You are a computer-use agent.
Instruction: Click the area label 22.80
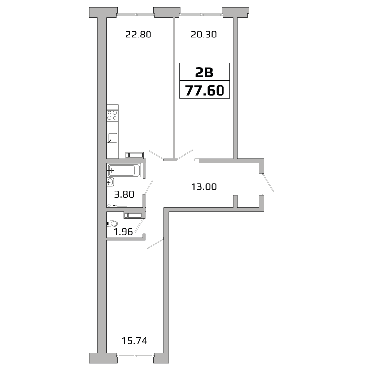(138, 35)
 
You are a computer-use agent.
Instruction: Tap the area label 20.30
(203, 35)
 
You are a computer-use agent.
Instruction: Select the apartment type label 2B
(204, 72)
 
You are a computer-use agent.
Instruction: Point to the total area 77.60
(204, 90)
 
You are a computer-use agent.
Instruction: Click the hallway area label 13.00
(204, 186)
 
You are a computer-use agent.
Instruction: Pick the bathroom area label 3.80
(124, 194)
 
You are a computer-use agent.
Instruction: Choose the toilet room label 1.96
(123, 232)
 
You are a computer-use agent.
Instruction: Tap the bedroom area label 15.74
(134, 340)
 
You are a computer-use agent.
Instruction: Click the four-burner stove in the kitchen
(112, 115)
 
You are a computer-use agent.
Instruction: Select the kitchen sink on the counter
(112, 138)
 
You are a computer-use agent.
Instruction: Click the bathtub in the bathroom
(124, 170)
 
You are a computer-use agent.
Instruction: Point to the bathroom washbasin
(110, 182)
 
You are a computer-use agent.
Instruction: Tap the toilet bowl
(112, 223)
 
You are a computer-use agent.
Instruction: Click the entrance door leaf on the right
(268, 183)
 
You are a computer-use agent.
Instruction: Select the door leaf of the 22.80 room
(155, 155)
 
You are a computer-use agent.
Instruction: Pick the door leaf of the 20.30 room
(185, 154)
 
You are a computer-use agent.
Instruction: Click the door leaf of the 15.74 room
(155, 244)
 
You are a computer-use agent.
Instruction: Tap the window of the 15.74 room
(136, 355)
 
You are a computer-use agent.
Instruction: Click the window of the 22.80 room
(136, 15)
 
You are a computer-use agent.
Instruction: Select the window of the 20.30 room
(201, 15)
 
